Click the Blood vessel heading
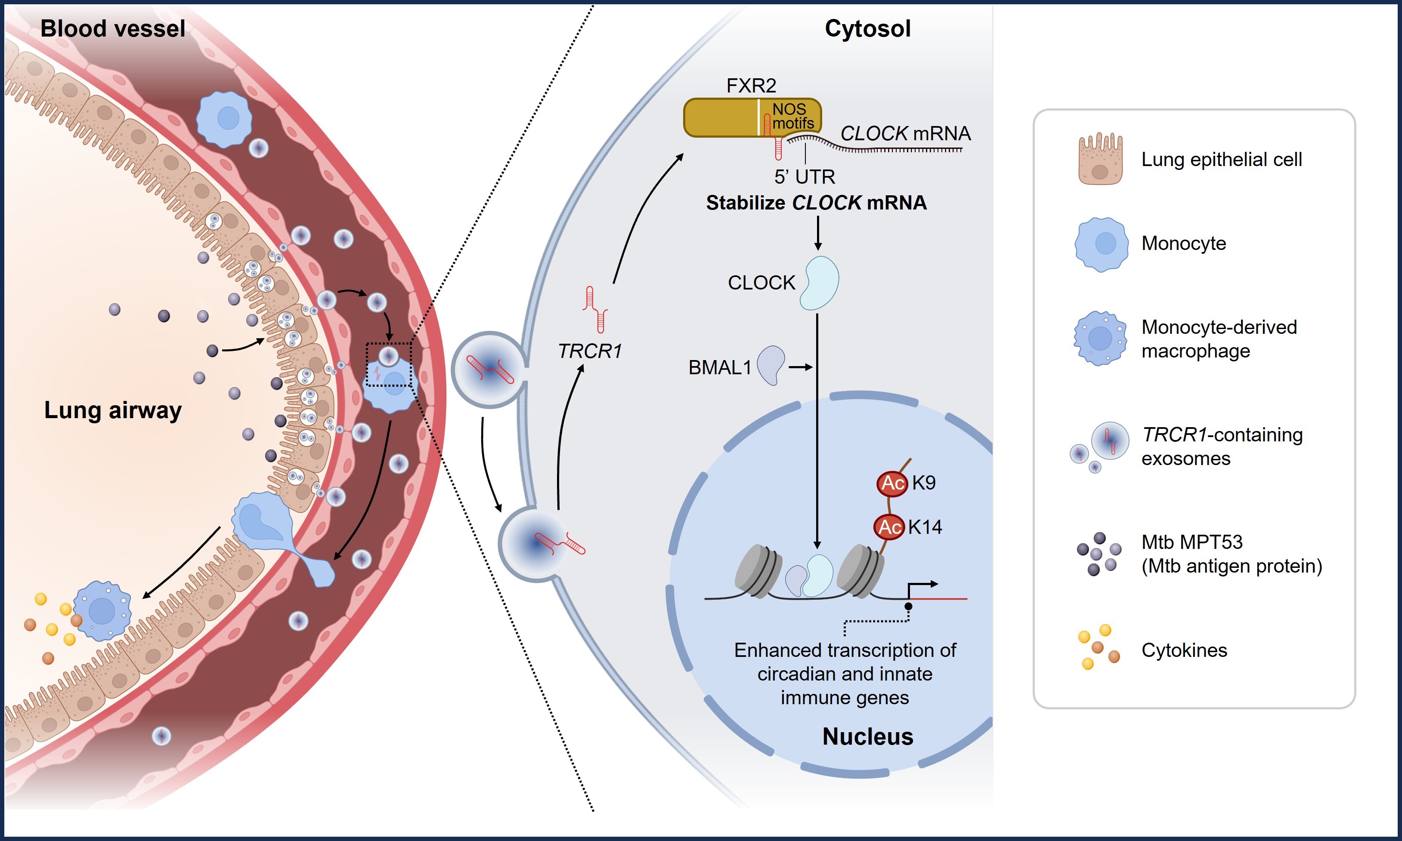(x=112, y=28)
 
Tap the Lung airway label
(x=113, y=410)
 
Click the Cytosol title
(x=867, y=28)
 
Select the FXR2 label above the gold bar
(x=751, y=86)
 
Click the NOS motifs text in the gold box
(x=792, y=116)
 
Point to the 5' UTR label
(x=805, y=177)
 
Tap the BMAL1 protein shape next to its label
(x=771, y=366)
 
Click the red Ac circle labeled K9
(x=892, y=483)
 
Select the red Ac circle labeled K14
(x=889, y=527)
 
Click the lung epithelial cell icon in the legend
(x=1100, y=160)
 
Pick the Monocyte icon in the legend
(x=1100, y=244)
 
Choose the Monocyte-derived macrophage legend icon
(x=1100, y=338)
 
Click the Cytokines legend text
(x=1184, y=650)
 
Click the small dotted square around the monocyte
(x=389, y=364)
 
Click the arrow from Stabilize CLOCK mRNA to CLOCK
(x=817, y=234)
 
